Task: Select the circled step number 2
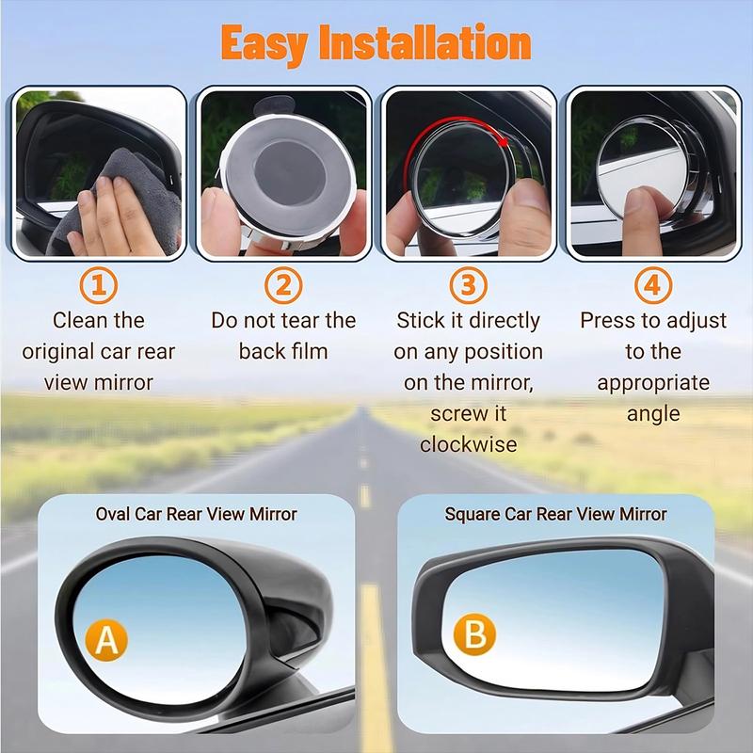(283, 285)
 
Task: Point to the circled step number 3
(469, 285)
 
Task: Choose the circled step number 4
(653, 285)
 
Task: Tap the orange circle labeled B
(475, 633)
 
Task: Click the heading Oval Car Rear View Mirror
(196, 514)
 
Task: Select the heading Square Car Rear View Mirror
(555, 514)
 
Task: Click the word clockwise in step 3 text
(469, 444)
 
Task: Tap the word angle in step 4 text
(653, 413)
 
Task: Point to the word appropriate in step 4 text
(653, 382)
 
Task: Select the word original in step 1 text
(61, 351)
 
